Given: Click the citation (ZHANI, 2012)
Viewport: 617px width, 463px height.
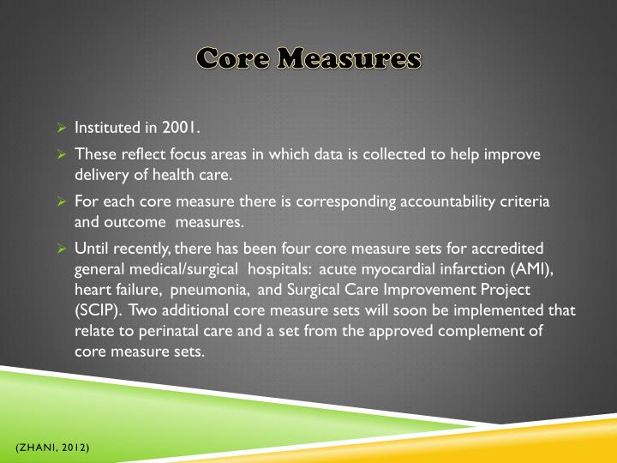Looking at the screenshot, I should (x=51, y=449).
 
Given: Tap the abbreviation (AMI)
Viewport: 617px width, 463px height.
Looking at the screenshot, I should (x=532, y=268).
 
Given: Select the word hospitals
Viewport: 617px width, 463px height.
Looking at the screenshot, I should (x=276, y=268).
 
